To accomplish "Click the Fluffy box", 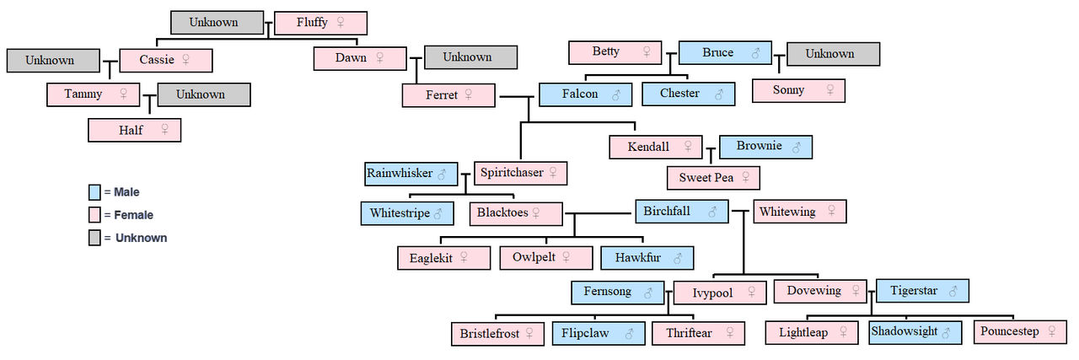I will pyautogui.click(x=320, y=23).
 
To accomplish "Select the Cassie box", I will pyautogui.click(x=165, y=60).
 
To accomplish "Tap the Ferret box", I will pyautogui.click(x=448, y=95).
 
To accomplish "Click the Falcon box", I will pyautogui.click(x=585, y=94).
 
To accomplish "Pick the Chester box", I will pyautogui.click(x=688, y=94).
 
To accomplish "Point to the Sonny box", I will pyautogui.click(x=797, y=90).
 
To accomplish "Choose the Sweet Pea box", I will pyautogui.click(x=714, y=178).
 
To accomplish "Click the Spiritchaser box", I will pyautogui.click(x=520, y=173).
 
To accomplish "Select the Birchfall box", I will pyautogui.click(x=681, y=212).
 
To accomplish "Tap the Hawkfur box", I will pyautogui.click(x=647, y=258).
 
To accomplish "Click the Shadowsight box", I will pyautogui.click(x=915, y=332).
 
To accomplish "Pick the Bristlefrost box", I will pyautogui.click(x=497, y=333).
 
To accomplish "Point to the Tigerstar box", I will pyautogui.click(x=922, y=291).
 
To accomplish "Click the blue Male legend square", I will pyautogui.click(x=94, y=192).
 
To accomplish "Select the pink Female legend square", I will pyautogui.click(x=94, y=215).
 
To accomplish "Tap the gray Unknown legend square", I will pyautogui.click(x=94, y=238).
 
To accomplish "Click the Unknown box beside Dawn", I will pyautogui.click(x=470, y=57).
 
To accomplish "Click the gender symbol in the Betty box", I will pyautogui.click(x=647, y=52).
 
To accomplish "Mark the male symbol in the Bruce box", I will pyautogui.click(x=755, y=53).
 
